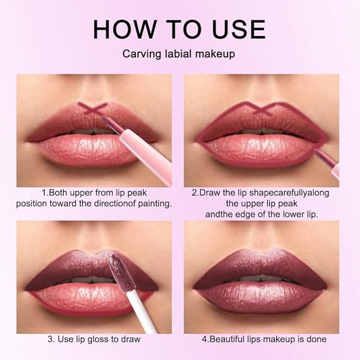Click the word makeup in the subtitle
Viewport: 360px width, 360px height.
(x=216, y=54)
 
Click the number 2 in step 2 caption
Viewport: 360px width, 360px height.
(x=195, y=193)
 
